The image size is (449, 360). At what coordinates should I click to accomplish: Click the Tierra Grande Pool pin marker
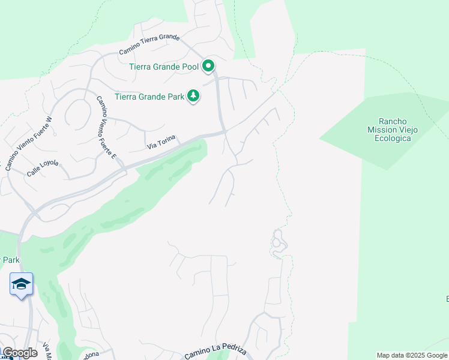tap(208, 66)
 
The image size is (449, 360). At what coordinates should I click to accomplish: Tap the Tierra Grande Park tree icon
tap(193, 96)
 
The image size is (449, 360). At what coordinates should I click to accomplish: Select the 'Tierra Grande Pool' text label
tap(164, 67)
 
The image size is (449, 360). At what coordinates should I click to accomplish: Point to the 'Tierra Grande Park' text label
tap(149, 97)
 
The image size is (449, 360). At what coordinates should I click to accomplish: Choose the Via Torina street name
tap(161, 143)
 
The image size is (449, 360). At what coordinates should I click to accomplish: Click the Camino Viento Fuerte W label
tap(29, 143)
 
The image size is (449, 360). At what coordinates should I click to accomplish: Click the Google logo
tap(19, 353)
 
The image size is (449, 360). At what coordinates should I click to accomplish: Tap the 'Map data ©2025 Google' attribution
tap(412, 355)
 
